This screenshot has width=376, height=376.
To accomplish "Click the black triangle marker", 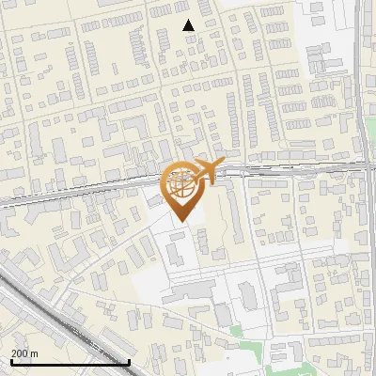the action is pyautogui.click(x=189, y=25).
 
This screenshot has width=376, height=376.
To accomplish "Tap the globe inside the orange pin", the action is pyautogui.click(x=182, y=183).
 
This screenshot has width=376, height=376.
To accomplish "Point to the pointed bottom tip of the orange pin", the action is pyautogui.click(x=181, y=222).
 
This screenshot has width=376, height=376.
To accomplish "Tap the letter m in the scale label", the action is pyautogui.click(x=36, y=353).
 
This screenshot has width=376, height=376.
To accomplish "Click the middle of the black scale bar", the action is pyautogui.click(x=69, y=362).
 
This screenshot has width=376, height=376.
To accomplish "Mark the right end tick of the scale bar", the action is pyautogui.click(x=128, y=361).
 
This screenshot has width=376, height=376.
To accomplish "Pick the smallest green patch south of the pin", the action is pyautogui.click(x=235, y=329).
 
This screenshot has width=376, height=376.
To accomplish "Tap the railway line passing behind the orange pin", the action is pyautogui.click(x=113, y=185).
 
